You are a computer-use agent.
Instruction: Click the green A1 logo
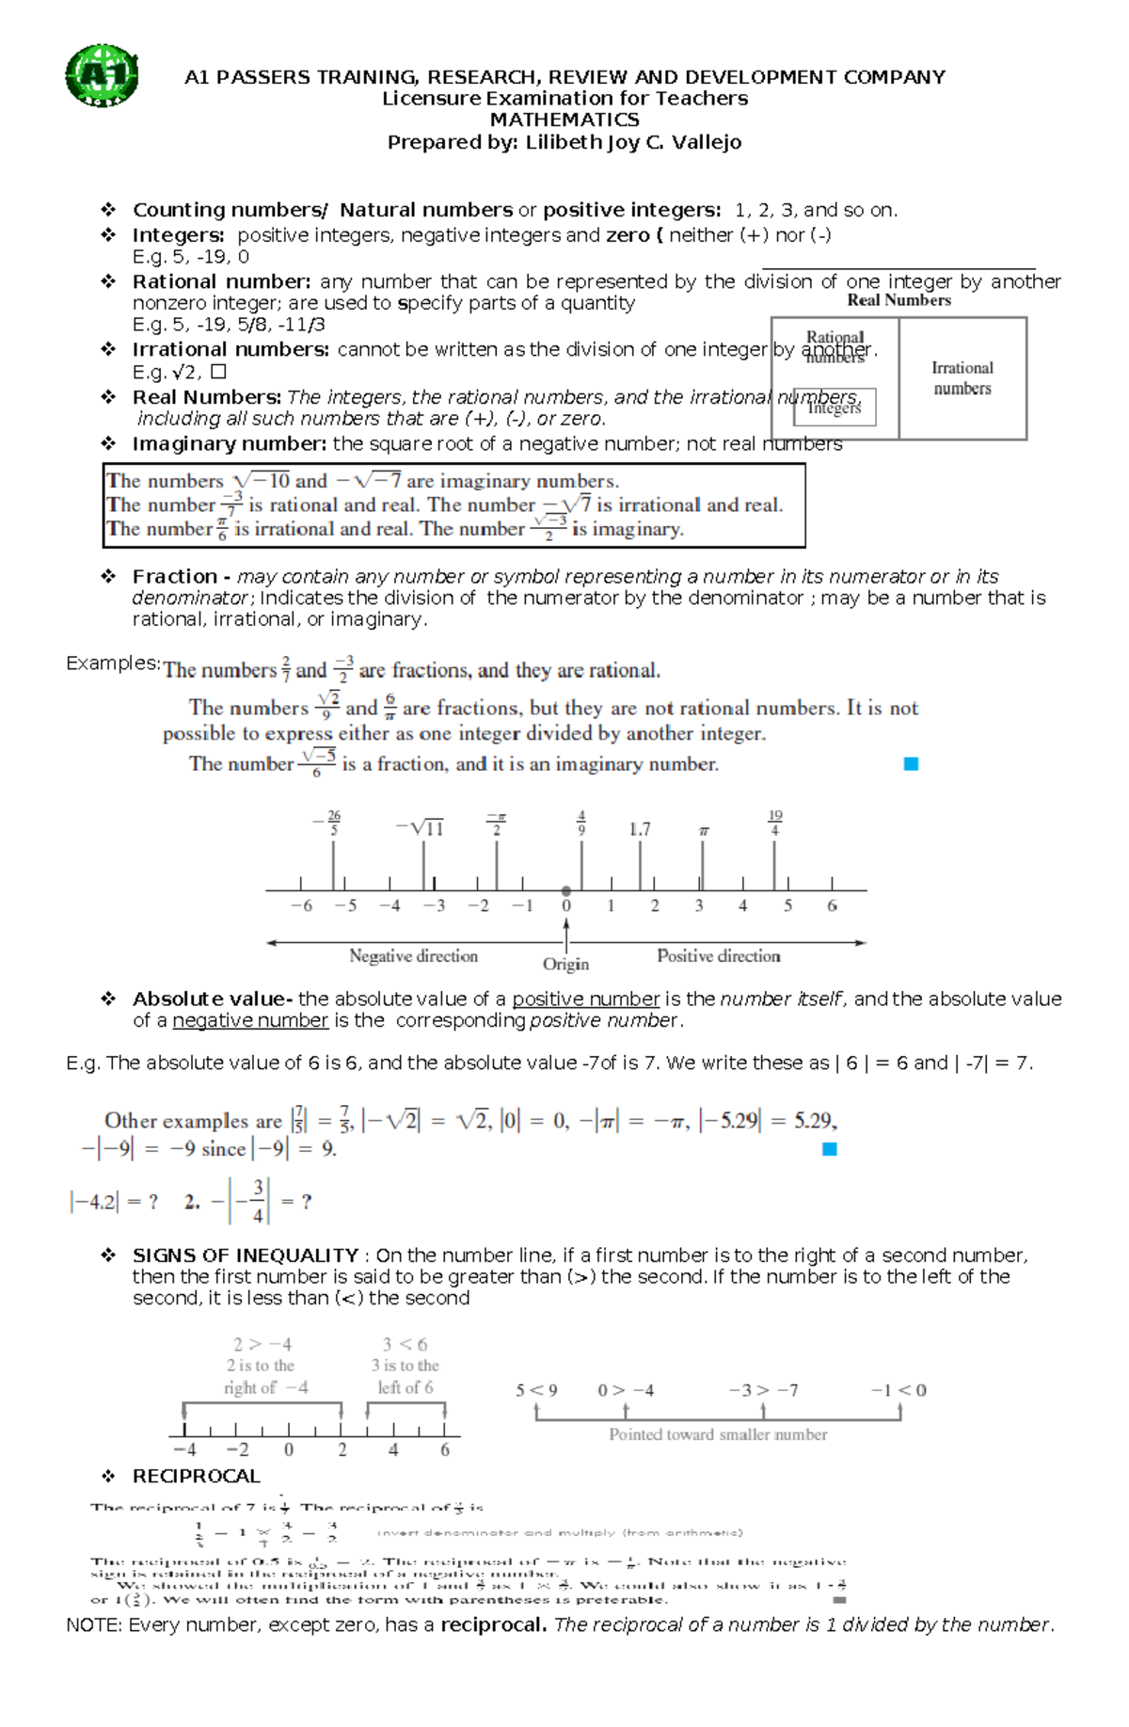(x=102, y=75)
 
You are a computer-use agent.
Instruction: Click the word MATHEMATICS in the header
(x=564, y=120)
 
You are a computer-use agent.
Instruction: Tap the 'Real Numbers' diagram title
(x=898, y=300)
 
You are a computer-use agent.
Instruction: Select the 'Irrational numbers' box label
(x=962, y=378)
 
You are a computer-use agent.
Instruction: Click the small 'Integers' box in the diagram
(x=835, y=408)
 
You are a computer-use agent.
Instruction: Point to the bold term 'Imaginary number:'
(x=230, y=443)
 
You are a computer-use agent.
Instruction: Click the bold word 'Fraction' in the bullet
(x=175, y=576)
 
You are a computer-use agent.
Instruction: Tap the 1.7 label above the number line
(x=640, y=829)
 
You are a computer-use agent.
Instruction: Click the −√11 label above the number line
(x=420, y=828)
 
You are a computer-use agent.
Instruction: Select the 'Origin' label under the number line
(x=565, y=964)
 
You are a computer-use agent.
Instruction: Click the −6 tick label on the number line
(x=301, y=905)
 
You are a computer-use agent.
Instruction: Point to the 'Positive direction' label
(x=719, y=955)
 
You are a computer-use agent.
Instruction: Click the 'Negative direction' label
(x=413, y=955)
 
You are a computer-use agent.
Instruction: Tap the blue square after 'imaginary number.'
(x=911, y=764)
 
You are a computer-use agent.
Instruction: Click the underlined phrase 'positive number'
(x=585, y=999)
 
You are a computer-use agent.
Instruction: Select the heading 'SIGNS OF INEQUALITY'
(x=246, y=1255)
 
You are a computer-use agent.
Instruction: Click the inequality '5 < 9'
(x=536, y=1390)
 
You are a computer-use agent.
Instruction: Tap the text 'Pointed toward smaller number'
(x=718, y=1434)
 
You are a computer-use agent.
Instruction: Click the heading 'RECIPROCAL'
(x=196, y=1476)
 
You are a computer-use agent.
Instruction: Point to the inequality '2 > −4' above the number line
(x=262, y=1344)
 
